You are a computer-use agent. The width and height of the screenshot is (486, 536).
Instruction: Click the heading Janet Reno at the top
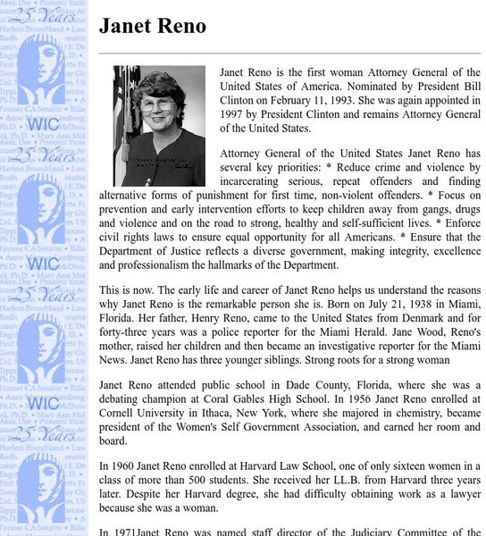(152, 26)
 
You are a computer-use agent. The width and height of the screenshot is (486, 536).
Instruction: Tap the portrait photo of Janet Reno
(159, 126)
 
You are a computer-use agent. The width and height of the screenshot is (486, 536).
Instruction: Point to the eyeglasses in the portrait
(157, 105)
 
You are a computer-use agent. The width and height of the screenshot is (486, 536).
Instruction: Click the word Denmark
(425, 319)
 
